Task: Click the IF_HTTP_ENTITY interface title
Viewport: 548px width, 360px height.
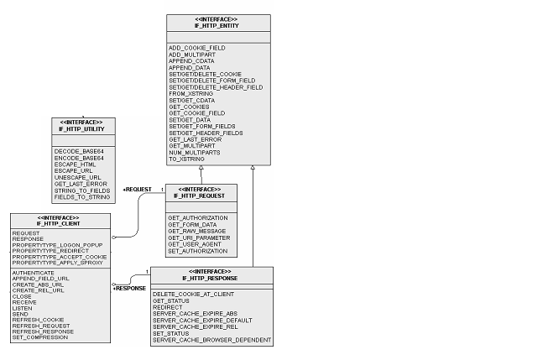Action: point(217,26)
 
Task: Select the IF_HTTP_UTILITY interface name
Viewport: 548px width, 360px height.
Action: point(81,129)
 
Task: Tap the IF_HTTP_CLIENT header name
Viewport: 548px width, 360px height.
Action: point(59,224)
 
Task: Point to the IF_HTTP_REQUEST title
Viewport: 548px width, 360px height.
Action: point(199,196)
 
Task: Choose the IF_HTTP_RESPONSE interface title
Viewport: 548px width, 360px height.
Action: point(210,279)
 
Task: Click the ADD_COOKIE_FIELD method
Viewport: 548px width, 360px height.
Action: point(197,48)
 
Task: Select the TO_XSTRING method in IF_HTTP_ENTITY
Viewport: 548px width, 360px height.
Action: point(186,159)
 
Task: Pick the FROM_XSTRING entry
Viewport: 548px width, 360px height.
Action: point(190,94)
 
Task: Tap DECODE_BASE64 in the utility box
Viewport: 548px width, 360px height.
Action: point(79,151)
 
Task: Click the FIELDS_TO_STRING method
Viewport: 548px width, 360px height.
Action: point(82,197)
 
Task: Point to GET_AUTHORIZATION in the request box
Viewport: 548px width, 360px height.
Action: point(198,217)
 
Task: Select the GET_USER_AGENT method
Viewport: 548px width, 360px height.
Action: point(195,244)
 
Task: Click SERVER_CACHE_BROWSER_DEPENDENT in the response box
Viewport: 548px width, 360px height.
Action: point(211,340)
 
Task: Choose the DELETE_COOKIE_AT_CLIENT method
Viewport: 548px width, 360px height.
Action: point(193,295)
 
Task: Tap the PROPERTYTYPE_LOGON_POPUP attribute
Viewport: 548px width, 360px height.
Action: point(58,245)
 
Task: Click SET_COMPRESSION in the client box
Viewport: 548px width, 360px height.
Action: point(40,337)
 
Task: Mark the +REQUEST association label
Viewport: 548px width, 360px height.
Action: point(137,190)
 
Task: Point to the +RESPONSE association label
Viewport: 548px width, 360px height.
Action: point(129,289)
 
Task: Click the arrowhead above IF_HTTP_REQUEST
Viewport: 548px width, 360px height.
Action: point(201,168)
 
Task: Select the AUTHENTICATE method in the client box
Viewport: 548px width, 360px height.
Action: point(34,273)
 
